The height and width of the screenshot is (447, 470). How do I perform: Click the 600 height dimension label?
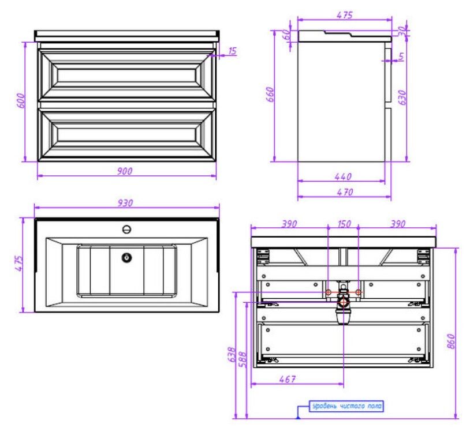point(20,100)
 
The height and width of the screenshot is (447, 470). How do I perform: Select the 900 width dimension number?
point(125,171)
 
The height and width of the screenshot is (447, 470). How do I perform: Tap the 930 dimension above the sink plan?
point(125,203)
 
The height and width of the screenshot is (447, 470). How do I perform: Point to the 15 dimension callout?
point(233,51)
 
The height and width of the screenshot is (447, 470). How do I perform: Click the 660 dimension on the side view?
point(270,95)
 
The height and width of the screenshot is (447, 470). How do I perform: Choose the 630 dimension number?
point(402,97)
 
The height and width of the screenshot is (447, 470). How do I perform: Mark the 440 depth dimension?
point(343,176)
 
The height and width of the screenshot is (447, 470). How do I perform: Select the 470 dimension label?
point(345,192)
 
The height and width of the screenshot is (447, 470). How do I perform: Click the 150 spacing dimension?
point(344,224)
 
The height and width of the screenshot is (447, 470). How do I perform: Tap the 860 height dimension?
point(451,341)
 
